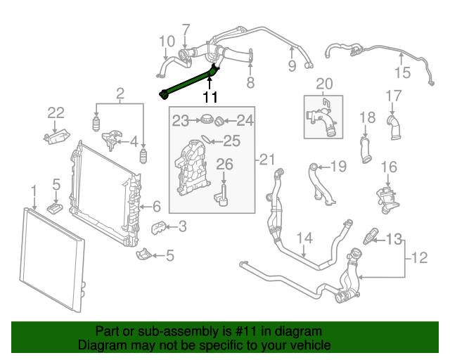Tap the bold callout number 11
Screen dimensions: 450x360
coord(210,98)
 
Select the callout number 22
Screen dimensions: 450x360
coord(56,112)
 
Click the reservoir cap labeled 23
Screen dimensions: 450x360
coord(206,119)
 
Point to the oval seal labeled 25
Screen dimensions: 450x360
coord(206,139)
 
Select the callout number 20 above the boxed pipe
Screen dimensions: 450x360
coord(324,84)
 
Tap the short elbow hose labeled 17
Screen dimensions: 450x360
coord(394,127)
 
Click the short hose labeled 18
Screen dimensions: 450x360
coord(366,150)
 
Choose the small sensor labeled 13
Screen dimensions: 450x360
coord(370,236)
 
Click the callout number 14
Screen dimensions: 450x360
coord(304,238)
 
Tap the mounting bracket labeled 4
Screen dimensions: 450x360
coord(111,140)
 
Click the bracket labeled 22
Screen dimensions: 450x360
coord(57,136)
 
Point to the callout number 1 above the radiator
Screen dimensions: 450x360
coord(34,191)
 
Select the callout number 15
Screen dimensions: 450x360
coord(403,72)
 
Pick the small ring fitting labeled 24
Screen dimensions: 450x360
coord(219,121)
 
